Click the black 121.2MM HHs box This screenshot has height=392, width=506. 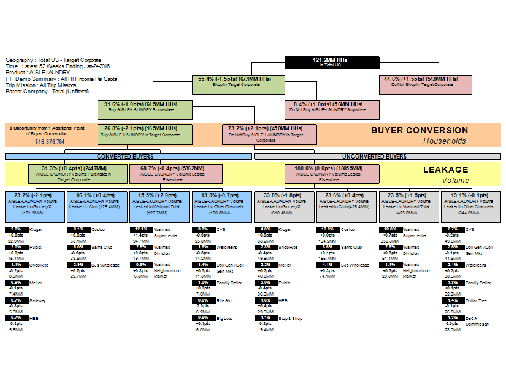coord(329,61)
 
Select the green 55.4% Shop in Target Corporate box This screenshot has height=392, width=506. coord(235,82)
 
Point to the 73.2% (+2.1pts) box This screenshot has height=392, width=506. coord(270,133)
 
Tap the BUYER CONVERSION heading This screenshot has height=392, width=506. coord(420,130)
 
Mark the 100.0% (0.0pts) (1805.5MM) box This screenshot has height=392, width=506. coord(332,173)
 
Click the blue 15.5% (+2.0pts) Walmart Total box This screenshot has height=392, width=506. coord(158,205)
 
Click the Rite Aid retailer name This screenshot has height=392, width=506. coord(224,300)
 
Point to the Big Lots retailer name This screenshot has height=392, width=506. coord(224,318)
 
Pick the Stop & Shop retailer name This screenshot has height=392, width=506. coord(291,318)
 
